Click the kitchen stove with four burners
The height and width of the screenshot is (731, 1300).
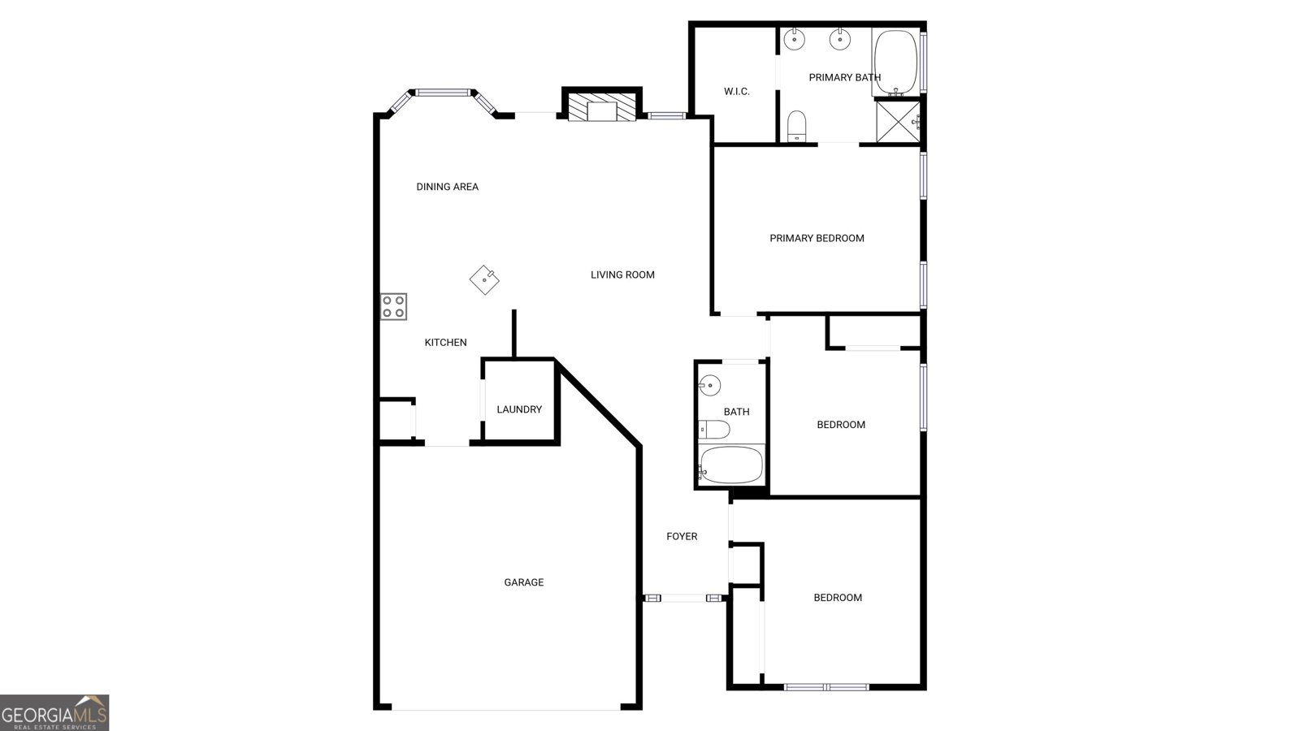(x=394, y=306)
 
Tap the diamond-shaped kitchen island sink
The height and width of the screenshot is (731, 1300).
(x=484, y=279)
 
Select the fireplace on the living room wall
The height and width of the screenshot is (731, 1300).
(x=602, y=108)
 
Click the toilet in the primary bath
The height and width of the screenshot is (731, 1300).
(x=797, y=125)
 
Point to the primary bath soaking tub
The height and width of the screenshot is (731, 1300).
(x=895, y=62)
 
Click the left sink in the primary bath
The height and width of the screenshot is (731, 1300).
(x=794, y=37)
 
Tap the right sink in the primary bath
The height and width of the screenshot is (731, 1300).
(x=839, y=37)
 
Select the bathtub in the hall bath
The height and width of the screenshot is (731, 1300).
(x=731, y=465)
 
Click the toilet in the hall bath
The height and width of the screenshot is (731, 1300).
(x=713, y=429)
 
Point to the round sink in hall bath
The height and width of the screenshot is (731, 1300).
(x=710, y=384)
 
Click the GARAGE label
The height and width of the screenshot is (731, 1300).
(x=524, y=582)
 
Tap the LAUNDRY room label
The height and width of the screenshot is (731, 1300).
(x=519, y=409)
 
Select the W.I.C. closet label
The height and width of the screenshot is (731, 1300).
(x=736, y=91)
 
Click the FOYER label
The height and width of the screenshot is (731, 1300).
(x=682, y=536)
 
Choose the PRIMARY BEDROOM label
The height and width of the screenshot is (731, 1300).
(x=817, y=238)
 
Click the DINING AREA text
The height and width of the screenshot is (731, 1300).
(x=447, y=187)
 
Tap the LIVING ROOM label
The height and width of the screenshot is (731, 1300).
(x=622, y=275)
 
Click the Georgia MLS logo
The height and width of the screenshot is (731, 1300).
(x=54, y=713)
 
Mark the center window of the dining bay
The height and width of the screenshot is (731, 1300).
(x=444, y=92)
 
